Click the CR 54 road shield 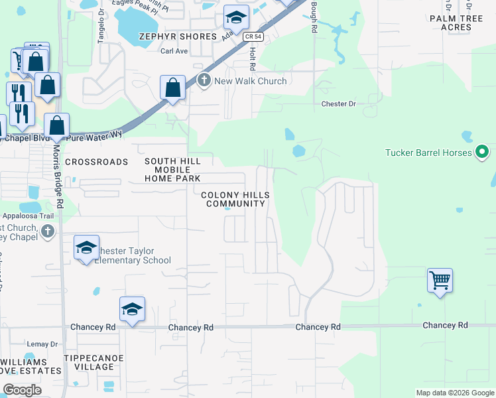[249, 36]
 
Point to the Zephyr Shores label [177, 36]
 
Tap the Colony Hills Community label [235, 199]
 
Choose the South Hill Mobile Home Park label [172, 170]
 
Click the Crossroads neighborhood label [96, 162]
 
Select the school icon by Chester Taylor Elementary [86, 247]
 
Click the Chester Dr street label [338, 104]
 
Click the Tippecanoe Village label [89, 362]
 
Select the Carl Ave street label [174, 50]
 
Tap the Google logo [22, 390]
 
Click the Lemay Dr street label [43, 344]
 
